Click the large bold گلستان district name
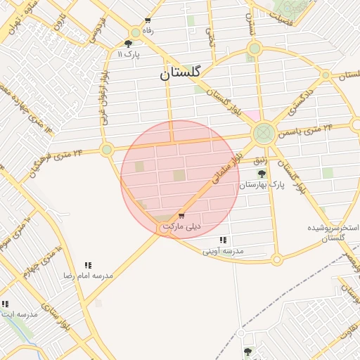(181, 72)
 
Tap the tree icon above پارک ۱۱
(127, 44)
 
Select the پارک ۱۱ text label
(129, 54)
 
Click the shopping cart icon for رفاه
(147, 20)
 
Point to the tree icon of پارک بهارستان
(262, 174)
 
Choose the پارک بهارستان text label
(262, 185)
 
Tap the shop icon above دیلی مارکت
(181, 216)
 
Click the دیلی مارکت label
(181, 226)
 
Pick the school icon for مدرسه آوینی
(223, 240)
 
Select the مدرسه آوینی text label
(223, 250)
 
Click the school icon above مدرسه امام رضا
(88, 265)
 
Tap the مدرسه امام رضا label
(88, 276)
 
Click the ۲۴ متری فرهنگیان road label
(56, 160)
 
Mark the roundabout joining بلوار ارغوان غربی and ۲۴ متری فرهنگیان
(107, 149)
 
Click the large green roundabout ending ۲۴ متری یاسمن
(264, 131)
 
